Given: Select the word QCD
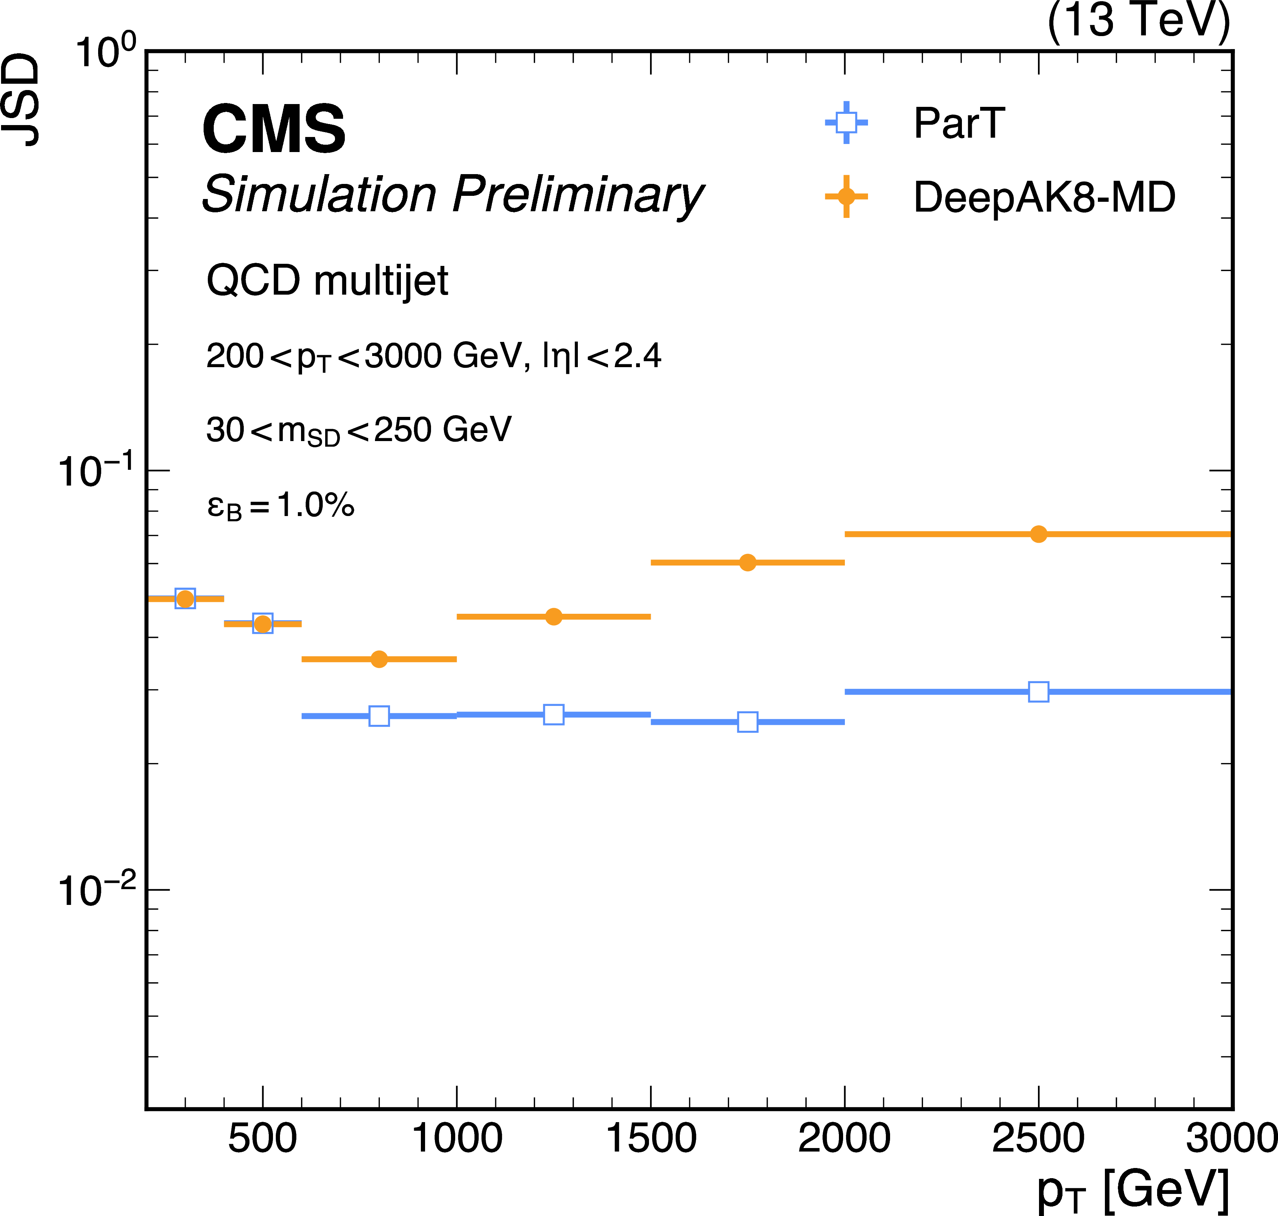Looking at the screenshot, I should [253, 281].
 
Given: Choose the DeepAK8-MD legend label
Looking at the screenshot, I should [1044, 197].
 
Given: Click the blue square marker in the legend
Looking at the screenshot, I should [846, 123].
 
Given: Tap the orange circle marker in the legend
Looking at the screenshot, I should [846, 196].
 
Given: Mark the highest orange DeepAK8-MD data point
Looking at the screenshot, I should [1038, 534].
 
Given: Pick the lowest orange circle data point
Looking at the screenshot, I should [379, 659].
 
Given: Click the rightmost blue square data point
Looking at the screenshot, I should [1038, 692].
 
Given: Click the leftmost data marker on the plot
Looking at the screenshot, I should [185, 598].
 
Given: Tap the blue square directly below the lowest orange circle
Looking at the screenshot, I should [379, 716].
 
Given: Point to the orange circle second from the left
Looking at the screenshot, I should [262, 624].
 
